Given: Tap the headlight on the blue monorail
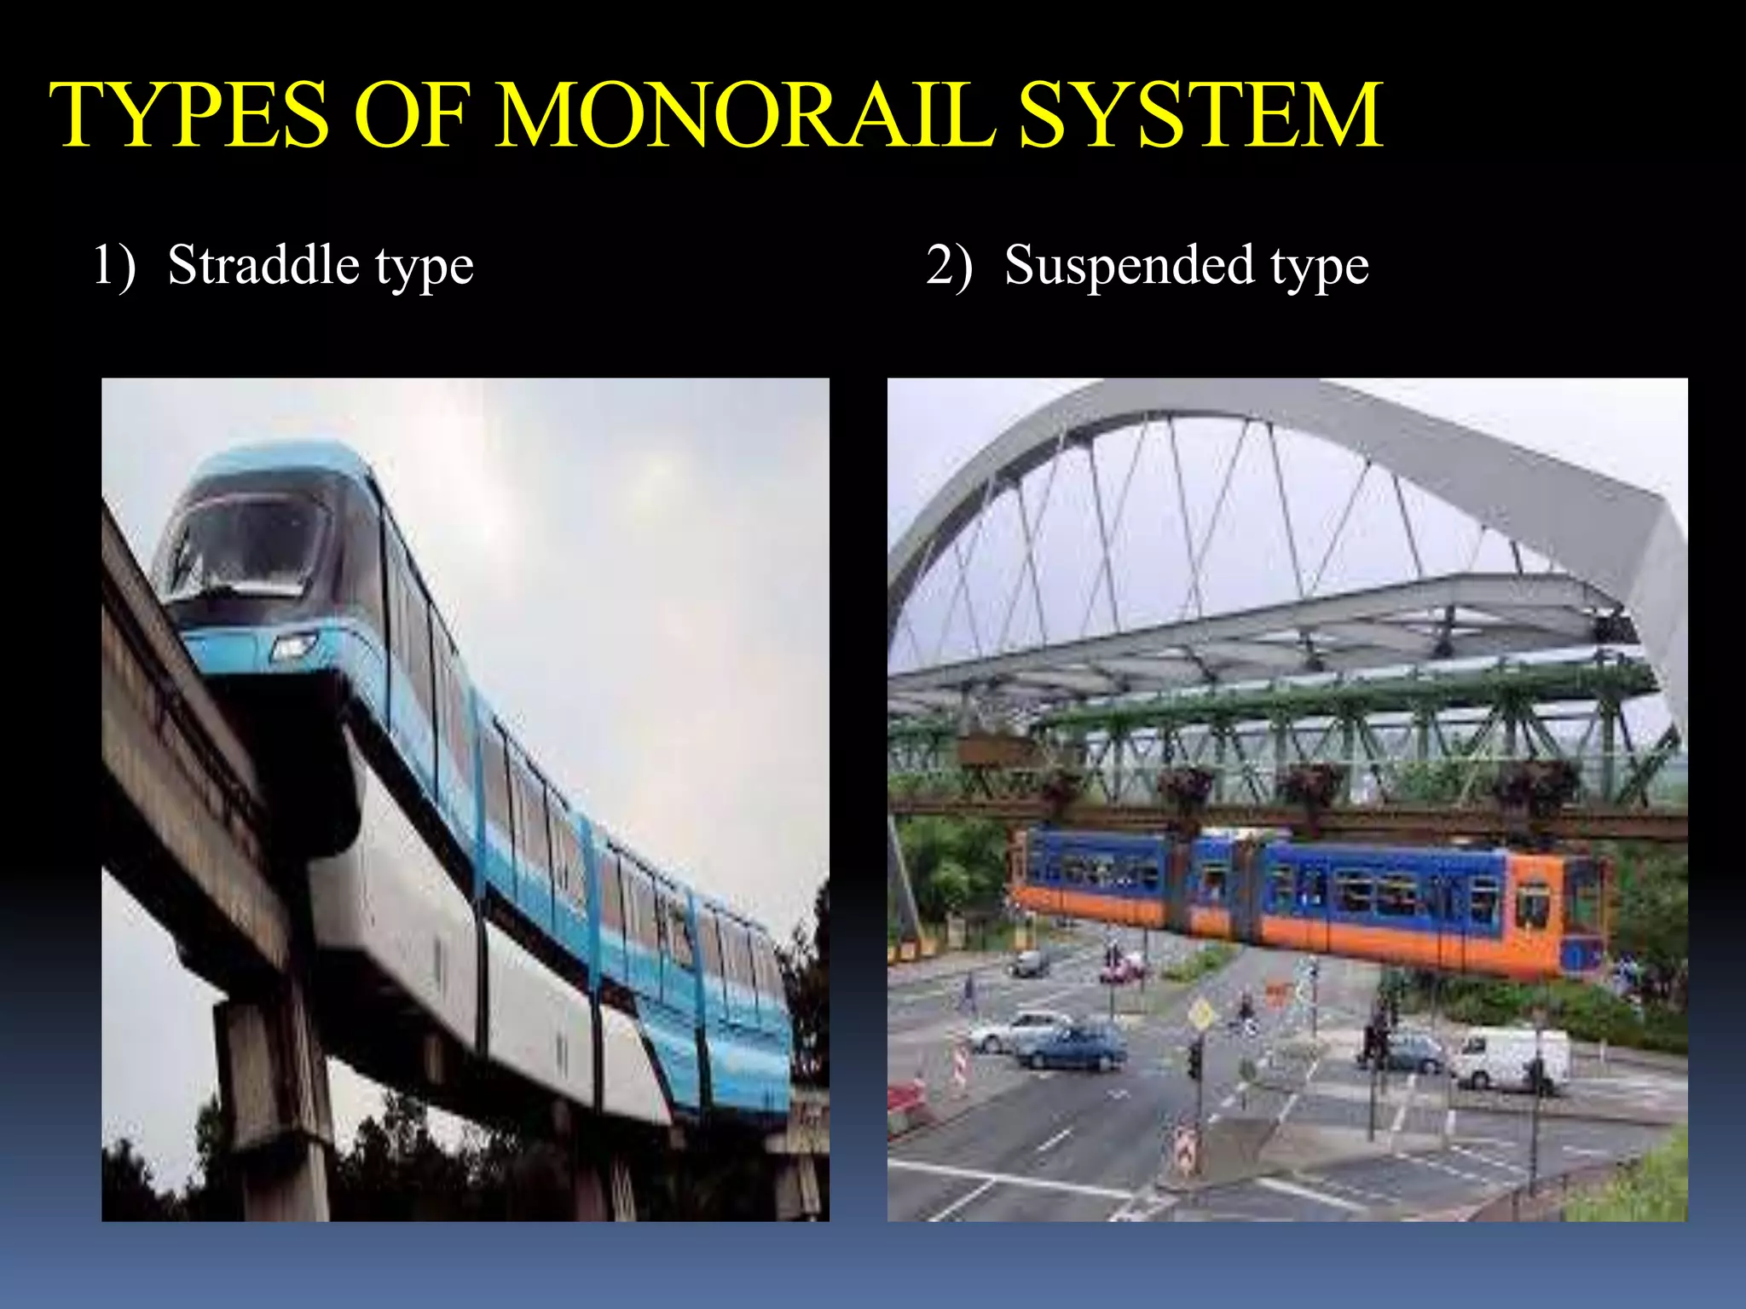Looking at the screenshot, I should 293,647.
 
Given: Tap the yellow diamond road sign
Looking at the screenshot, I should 1200,1013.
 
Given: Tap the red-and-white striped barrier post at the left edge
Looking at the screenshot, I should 959,1065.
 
